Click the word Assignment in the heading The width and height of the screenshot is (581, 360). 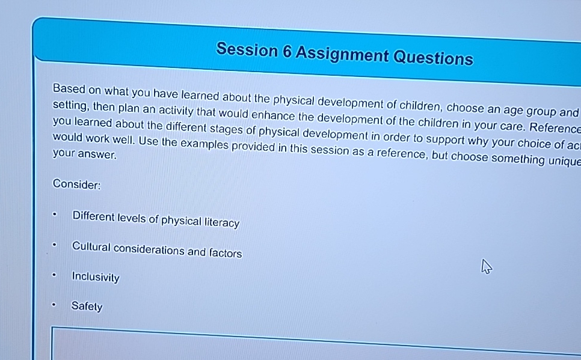click(x=342, y=55)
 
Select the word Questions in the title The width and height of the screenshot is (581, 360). click(x=432, y=58)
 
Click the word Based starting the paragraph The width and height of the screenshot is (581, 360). click(x=69, y=89)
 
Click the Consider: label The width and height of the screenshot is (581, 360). click(x=76, y=184)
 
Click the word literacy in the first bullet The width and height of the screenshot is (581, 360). click(x=221, y=223)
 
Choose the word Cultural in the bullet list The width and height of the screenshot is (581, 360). click(x=91, y=247)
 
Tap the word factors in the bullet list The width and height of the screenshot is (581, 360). click(x=225, y=253)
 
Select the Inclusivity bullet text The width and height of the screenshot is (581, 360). click(x=96, y=277)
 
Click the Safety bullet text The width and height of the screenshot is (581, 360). click(x=87, y=307)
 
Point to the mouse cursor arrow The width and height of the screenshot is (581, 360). click(x=487, y=267)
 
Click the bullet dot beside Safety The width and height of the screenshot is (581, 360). click(x=54, y=304)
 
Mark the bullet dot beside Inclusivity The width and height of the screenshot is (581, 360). click(x=54, y=276)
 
